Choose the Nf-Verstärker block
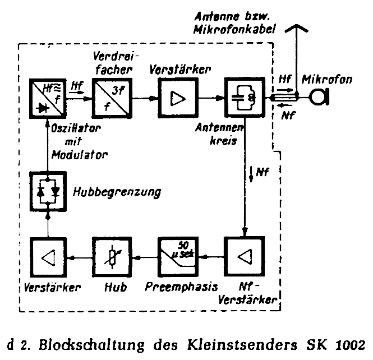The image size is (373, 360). coord(243,257)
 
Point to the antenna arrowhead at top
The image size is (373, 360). coord(294,27)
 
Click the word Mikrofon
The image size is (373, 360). coord(328,80)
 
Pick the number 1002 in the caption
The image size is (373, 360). coord(353,343)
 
